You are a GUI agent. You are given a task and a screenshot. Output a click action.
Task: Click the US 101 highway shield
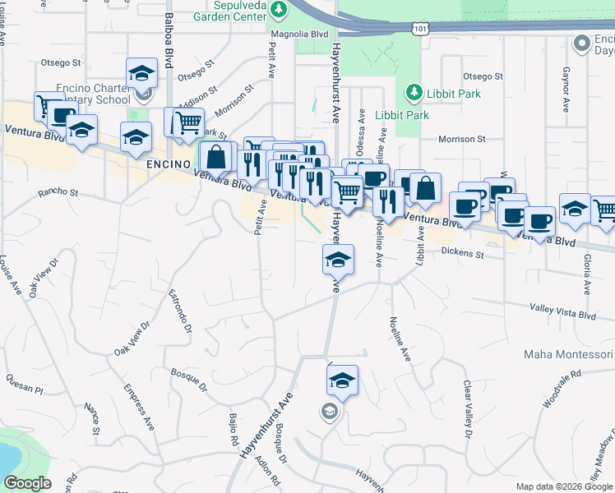click(x=418, y=29)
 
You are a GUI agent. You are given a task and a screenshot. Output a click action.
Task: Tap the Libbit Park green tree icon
click(x=414, y=92)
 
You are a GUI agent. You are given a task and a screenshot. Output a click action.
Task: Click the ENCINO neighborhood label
click(x=169, y=164)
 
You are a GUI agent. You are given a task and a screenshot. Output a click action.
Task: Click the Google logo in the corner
click(x=27, y=483)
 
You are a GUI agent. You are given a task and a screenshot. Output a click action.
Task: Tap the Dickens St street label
click(x=462, y=254)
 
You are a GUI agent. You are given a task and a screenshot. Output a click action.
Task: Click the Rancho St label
click(x=58, y=194)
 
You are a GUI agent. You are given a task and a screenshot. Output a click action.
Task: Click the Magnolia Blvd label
click(x=302, y=34)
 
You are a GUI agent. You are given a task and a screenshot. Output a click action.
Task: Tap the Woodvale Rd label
click(x=562, y=387)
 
